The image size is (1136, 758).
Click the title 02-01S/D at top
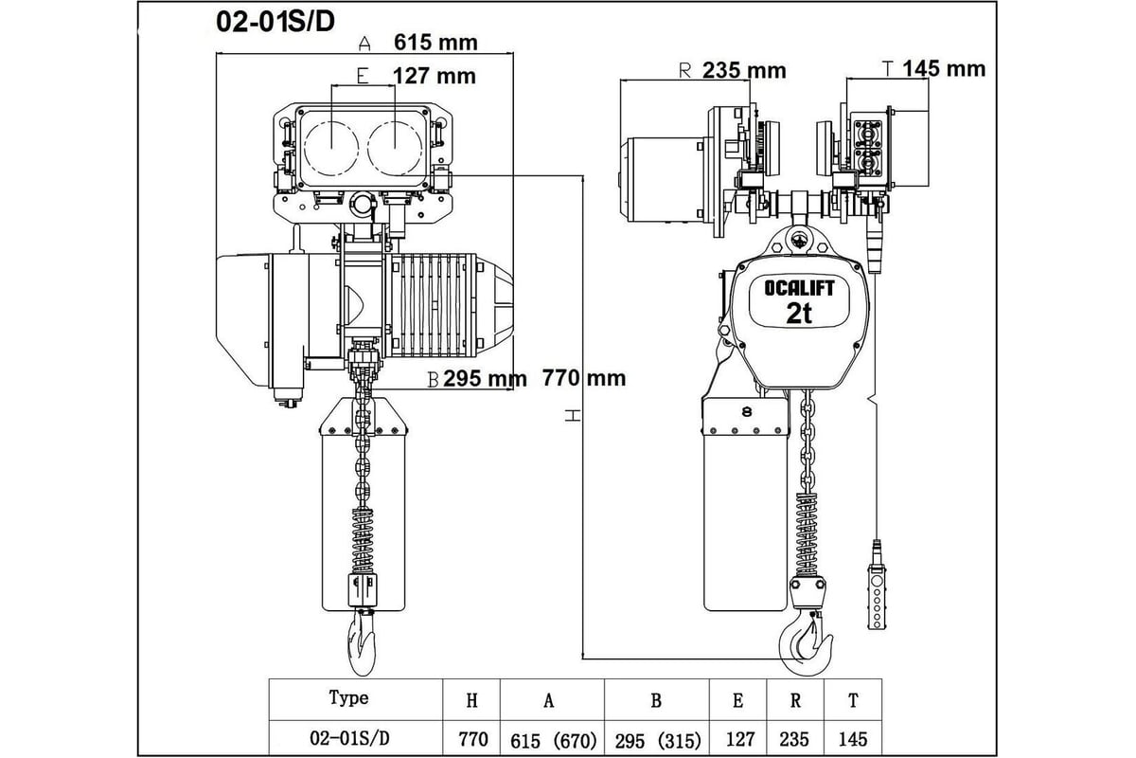click(x=275, y=22)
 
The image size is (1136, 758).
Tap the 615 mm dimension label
click(x=435, y=42)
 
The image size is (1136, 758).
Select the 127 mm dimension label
click(x=435, y=76)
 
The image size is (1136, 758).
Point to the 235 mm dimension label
click(x=744, y=70)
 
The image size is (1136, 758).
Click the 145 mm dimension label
click(x=944, y=68)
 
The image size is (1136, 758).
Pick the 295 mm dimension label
click(x=485, y=379)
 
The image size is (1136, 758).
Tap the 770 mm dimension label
click(x=584, y=378)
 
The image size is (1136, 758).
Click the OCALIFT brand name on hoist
click(x=799, y=288)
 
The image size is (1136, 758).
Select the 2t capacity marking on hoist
click(x=799, y=314)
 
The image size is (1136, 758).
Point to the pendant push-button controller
click(x=876, y=594)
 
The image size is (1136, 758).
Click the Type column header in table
click(x=348, y=698)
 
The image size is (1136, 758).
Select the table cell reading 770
click(x=472, y=739)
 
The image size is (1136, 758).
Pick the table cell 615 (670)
click(x=553, y=741)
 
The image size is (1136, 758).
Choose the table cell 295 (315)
click(x=658, y=741)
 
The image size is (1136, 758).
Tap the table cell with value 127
click(x=740, y=739)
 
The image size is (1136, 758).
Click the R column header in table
click(x=795, y=700)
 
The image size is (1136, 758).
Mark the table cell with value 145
click(x=853, y=739)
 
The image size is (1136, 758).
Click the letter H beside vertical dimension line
click(x=573, y=416)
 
